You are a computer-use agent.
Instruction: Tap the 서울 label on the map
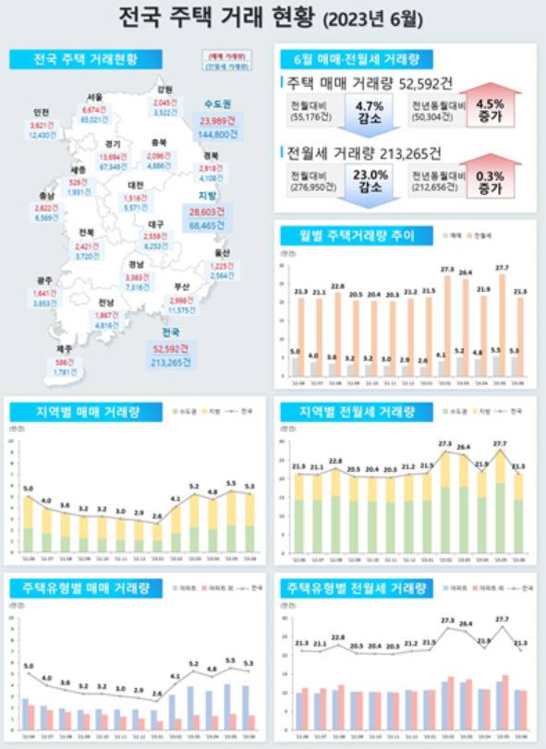coord(94,96)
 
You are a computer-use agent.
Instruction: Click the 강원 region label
coord(164,90)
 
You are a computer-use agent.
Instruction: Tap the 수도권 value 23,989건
coord(219,120)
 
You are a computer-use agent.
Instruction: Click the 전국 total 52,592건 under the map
coord(169,348)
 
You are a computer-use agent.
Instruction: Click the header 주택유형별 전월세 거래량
coord(352,587)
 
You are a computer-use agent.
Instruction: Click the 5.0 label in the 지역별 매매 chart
coord(28,487)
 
